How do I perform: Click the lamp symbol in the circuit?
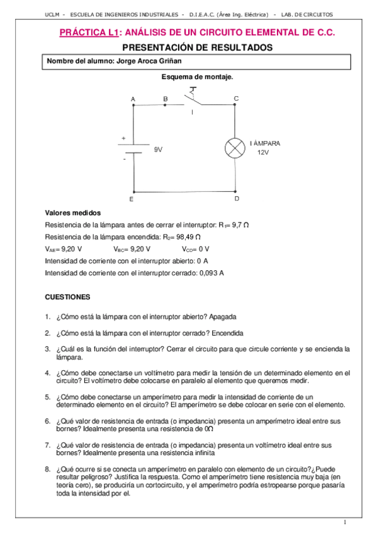point(235,148)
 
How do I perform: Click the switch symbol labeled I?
point(194,99)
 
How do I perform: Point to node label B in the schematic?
point(165,99)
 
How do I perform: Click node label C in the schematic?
point(235,98)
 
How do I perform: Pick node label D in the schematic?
point(236,198)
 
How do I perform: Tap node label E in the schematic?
point(131,199)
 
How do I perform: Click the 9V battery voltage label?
point(158,150)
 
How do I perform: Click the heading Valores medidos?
point(73,213)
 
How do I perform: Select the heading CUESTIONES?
point(69,296)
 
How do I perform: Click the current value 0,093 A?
point(211,273)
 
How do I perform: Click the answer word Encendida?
point(227,332)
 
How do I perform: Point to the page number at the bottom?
point(345,522)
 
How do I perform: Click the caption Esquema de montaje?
point(198,77)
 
